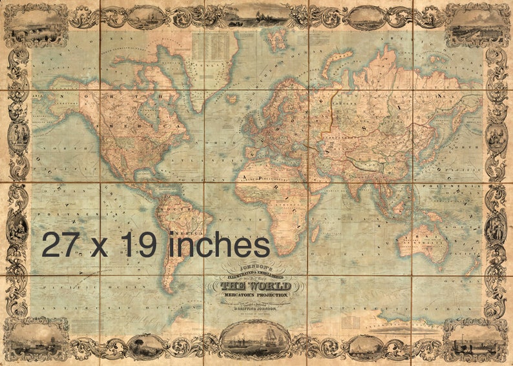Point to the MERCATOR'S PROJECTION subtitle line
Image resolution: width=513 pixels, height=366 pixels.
256,295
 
